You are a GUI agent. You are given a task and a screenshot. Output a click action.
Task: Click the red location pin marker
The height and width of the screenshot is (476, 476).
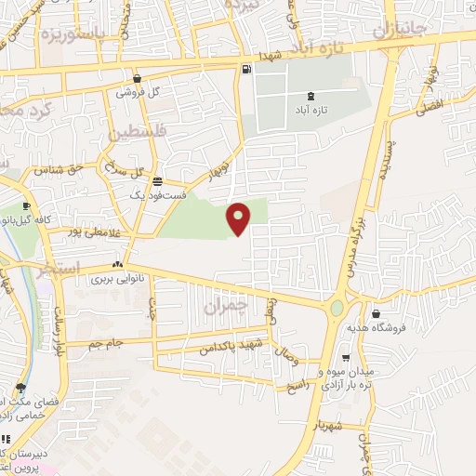click(x=240, y=218)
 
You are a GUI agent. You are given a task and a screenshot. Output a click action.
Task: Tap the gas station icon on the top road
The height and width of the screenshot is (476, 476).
click(x=245, y=68)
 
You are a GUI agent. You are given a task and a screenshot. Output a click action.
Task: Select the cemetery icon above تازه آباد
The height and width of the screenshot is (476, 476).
click(x=311, y=96)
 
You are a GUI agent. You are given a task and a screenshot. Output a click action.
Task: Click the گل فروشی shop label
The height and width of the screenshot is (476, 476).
click(x=137, y=93)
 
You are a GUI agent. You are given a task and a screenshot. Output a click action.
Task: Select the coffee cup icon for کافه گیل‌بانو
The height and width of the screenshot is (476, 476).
click(x=26, y=205)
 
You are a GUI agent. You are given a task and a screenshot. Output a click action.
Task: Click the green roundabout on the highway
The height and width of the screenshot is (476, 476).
click(x=337, y=307)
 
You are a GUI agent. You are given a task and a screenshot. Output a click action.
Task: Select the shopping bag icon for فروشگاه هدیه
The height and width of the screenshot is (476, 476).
click(x=376, y=314)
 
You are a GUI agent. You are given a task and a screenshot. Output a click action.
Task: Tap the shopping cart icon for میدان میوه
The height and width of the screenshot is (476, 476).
click(x=346, y=357)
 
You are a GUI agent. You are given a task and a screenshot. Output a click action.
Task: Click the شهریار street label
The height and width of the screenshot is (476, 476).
click(x=331, y=425)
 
